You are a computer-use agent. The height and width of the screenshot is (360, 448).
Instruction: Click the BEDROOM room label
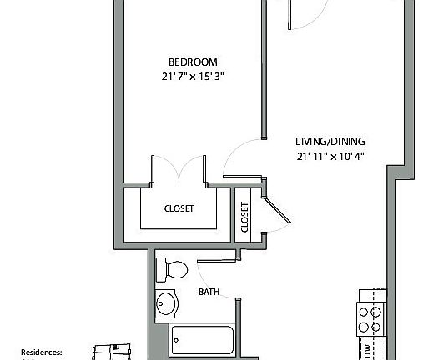click(193, 62)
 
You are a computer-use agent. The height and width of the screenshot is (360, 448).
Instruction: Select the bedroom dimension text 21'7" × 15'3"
click(193, 77)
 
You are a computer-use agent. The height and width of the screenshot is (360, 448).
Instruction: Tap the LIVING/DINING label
click(330, 141)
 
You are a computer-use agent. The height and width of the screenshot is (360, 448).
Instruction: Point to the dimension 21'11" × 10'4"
click(330, 155)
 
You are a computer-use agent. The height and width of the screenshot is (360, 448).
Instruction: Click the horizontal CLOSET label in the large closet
click(179, 208)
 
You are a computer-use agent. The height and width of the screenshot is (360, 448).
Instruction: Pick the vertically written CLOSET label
click(244, 217)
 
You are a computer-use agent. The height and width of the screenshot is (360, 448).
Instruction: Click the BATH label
click(209, 292)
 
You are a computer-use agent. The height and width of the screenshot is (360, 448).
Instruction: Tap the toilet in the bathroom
click(174, 269)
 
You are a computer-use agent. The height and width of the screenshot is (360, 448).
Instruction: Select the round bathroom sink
click(168, 304)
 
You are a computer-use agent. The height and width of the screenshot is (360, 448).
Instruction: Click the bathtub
click(203, 342)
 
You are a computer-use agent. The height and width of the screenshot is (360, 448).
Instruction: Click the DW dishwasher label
click(366, 351)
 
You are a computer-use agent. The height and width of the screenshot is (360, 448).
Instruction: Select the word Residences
click(42, 352)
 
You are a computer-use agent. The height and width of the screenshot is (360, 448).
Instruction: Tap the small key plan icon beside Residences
click(113, 352)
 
